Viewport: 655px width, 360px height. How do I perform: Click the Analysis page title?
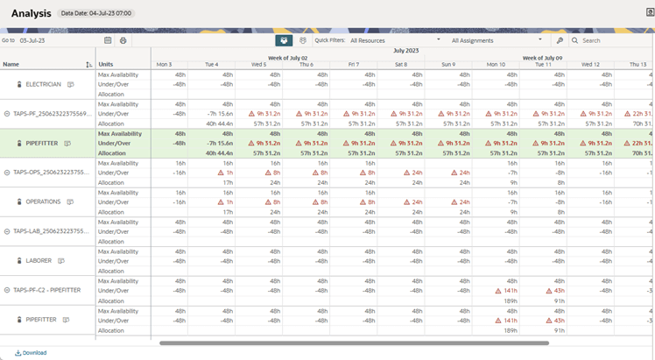(x=31, y=13)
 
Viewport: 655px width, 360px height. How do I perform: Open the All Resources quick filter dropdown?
(x=395, y=40)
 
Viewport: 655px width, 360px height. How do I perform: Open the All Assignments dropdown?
(x=497, y=40)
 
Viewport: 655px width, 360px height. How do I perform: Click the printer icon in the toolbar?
(x=123, y=40)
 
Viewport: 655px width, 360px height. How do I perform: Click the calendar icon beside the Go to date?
(x=108, y=40)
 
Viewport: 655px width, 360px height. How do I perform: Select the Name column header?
(x=11, y=64)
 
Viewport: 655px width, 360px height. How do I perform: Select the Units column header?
(x=106, y=64)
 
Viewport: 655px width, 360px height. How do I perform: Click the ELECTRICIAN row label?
(x=44, y=85)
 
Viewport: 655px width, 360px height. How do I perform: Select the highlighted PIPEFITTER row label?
(x=42, y=143)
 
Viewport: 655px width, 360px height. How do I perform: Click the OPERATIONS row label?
(x=43, y=201)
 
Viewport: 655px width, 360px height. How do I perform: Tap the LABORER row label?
(x=39, y=260)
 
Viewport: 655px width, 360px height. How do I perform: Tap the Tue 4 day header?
(x=211, y=64)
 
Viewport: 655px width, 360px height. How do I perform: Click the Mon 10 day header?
(x=496, y=64)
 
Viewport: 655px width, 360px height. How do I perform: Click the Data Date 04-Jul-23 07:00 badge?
(x=95, y=14)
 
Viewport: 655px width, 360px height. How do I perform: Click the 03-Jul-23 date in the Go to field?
(x=32, y=40)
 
